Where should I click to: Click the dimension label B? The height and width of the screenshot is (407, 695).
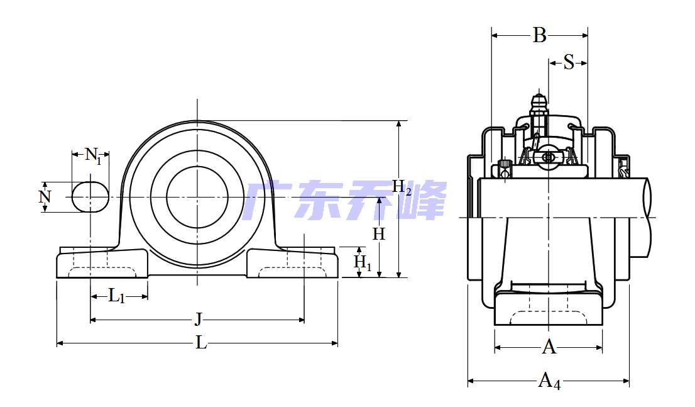539,35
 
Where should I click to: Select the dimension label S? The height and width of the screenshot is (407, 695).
569,62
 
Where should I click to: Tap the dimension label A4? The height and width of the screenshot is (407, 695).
549,381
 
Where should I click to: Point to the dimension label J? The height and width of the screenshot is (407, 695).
199,319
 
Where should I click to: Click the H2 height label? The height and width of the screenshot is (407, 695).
402,187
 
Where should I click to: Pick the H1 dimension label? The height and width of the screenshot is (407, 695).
362,262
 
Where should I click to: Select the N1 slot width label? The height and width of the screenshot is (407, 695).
92,155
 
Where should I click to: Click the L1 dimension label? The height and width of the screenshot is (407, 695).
116,296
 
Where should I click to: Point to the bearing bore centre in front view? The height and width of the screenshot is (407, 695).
197,197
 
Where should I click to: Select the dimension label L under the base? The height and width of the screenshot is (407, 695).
201,343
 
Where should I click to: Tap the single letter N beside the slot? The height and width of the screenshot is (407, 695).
45,197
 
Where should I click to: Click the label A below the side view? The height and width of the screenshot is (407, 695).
549,347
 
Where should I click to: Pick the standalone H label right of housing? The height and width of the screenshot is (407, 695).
378,234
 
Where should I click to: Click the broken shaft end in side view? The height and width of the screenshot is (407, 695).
648,218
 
